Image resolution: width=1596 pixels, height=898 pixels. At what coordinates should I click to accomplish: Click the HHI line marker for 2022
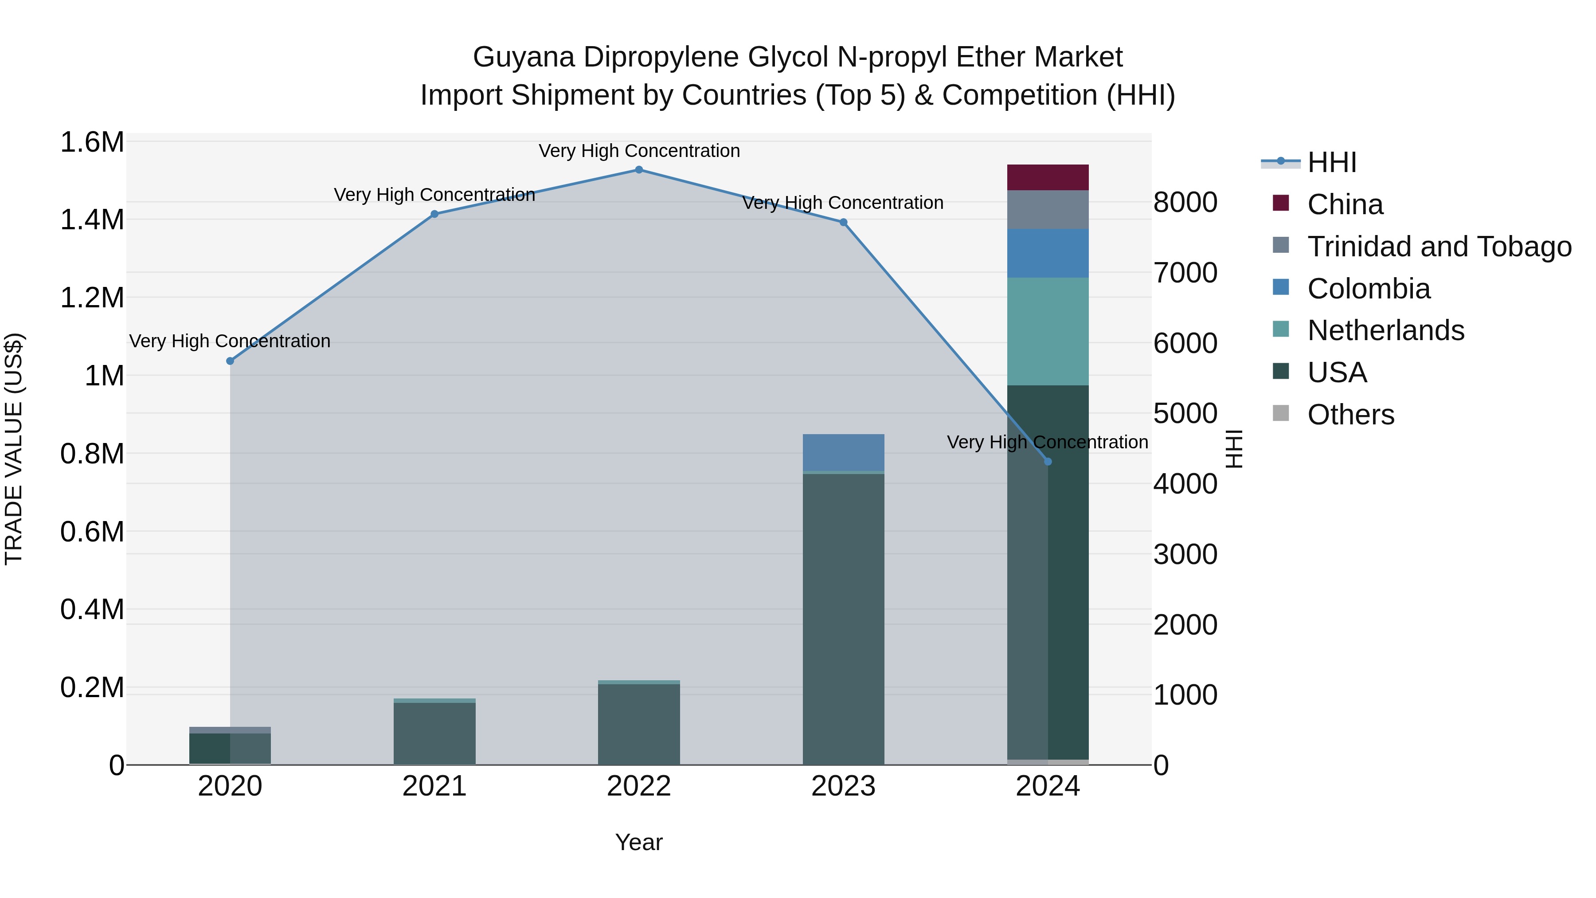[639, 170]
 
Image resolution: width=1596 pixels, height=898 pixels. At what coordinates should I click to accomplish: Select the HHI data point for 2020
[230, 361]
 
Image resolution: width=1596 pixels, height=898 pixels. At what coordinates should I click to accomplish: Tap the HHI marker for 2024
[1048, 462]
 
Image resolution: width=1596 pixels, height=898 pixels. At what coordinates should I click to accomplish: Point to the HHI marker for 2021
[434, 214]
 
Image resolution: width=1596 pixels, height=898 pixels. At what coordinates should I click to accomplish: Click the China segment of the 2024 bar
[1048, 178]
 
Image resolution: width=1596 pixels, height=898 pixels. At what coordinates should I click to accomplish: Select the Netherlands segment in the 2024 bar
[1048, 332]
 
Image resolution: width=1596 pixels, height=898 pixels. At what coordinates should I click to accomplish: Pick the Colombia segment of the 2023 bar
[843, 452]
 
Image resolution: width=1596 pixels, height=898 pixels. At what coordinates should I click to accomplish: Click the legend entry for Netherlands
[1385, 330]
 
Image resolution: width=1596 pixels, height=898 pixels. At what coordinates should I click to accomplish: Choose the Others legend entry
[1351, 415]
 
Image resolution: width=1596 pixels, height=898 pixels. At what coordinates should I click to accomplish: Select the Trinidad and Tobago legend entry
[1439, 247]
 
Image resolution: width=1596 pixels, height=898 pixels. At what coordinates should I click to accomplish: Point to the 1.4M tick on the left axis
[92, 220]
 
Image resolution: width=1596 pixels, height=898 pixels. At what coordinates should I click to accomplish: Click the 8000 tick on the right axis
[1185, 203]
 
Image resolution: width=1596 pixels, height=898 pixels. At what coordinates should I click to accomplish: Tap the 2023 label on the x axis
[843, 786]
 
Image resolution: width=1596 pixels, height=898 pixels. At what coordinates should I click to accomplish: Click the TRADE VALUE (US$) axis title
[14, 449]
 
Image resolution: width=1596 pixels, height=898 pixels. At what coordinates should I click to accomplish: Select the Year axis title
[639, 842]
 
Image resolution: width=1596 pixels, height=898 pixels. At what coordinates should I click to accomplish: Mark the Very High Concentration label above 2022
[639, 151]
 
